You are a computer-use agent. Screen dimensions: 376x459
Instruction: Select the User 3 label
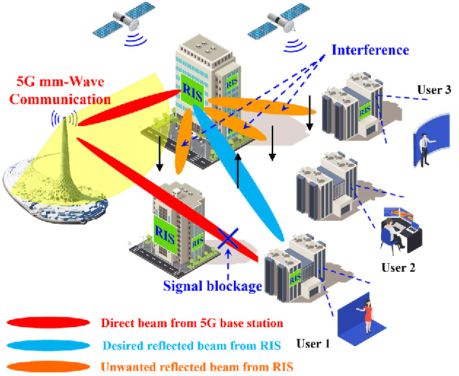click(x=434, y=90)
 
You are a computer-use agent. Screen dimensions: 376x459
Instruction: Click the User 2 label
click(x=399, y=267)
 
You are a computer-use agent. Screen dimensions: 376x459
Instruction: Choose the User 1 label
click(x=313, y=342)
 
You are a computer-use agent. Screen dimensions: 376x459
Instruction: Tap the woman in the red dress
click(x=369, y=314)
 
